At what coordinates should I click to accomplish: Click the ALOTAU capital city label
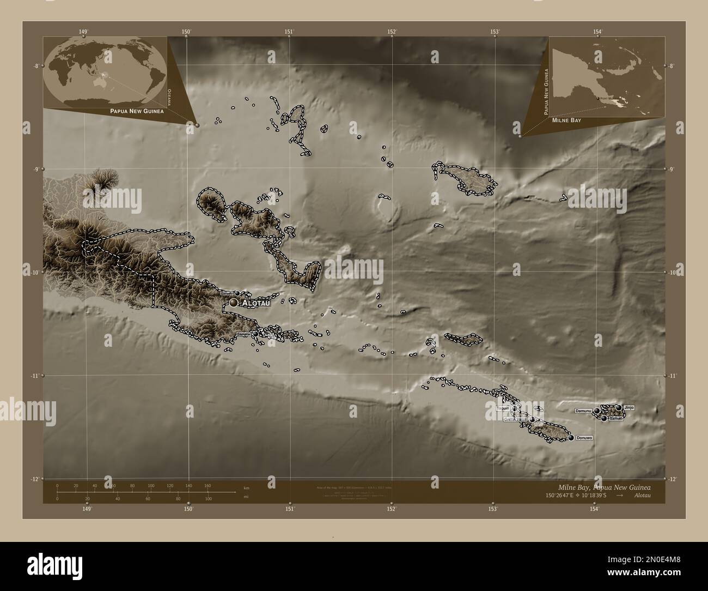(x=255, y=303)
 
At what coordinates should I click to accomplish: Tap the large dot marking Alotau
(x=234, y=302)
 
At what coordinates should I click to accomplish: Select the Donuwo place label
(x=584, y=438)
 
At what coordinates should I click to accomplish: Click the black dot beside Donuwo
(x=571, y=438)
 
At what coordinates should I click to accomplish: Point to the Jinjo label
(x=629, y=407)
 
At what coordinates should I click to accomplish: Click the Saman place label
(x=616, y=419)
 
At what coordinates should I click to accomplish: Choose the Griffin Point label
(x=514, y=420)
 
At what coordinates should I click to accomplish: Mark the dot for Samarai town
(x=255, y=334)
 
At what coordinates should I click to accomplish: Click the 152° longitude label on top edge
(x=392, y=32)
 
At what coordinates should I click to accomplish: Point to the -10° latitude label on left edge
(x=36, y=272)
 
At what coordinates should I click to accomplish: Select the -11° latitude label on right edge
(x=672, y=376)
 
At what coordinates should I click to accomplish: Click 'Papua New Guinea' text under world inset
(x=136, y=110)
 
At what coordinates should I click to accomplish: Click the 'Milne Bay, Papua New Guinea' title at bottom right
(x=604, y=487)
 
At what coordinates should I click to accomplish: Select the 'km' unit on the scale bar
(x=246, y=488)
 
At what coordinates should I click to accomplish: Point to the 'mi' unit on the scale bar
(x=246, y=497)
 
